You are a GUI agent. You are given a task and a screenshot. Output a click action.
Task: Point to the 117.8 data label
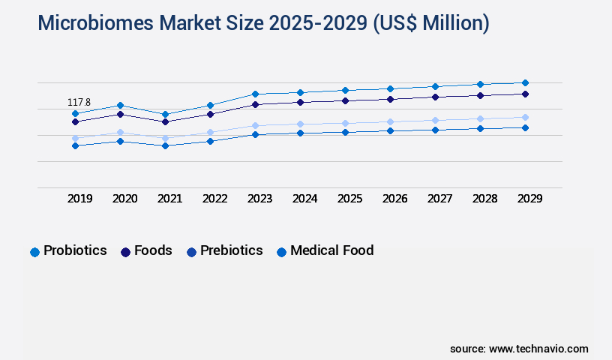(x=79, y=102)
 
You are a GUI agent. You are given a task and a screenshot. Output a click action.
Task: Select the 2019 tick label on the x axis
(x=80, y=199)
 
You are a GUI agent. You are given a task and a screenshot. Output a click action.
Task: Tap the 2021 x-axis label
(x=170, y=199)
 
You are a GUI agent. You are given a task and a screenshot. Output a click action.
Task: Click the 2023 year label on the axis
(x=260, y=199)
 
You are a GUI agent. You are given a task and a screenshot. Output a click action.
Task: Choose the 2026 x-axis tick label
(x=395, y=199)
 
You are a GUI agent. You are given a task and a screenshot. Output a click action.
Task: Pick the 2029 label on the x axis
(x=530, y=199)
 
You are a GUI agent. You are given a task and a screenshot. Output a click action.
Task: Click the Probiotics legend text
(x=75, y=250)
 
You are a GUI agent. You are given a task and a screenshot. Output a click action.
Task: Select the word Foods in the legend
(x=153, y=250)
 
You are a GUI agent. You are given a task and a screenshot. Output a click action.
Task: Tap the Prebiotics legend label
(x=231, y=250)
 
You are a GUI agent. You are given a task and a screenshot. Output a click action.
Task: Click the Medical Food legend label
(x=331, y=250)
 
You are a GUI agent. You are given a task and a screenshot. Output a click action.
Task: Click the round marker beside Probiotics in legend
(x=34, y=252)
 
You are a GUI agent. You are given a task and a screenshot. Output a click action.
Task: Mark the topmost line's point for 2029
(x=525, y=82)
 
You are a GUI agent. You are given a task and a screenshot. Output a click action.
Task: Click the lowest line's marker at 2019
(x=75, y=145)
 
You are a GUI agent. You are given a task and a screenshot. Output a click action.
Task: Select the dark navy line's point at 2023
(x=255, y=104)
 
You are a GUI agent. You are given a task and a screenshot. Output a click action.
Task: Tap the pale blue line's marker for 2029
(x=525, y=117)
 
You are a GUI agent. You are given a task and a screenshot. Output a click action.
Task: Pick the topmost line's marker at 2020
(x=120, y=105)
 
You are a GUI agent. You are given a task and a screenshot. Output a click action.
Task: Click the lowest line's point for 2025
(x=345, y=132)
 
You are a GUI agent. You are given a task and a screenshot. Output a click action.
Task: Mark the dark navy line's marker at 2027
(x=435, y=97)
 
